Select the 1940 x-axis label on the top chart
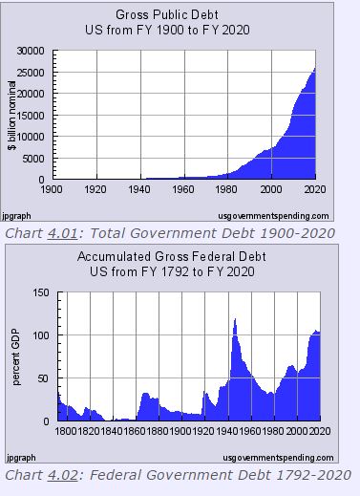(x=140, y=188)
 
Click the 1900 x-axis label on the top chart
(x=53, y=188)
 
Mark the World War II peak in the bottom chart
(x=235, y=320)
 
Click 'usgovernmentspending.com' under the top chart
(x=274, y=216)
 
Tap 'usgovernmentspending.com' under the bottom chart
(x=274, y=458)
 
